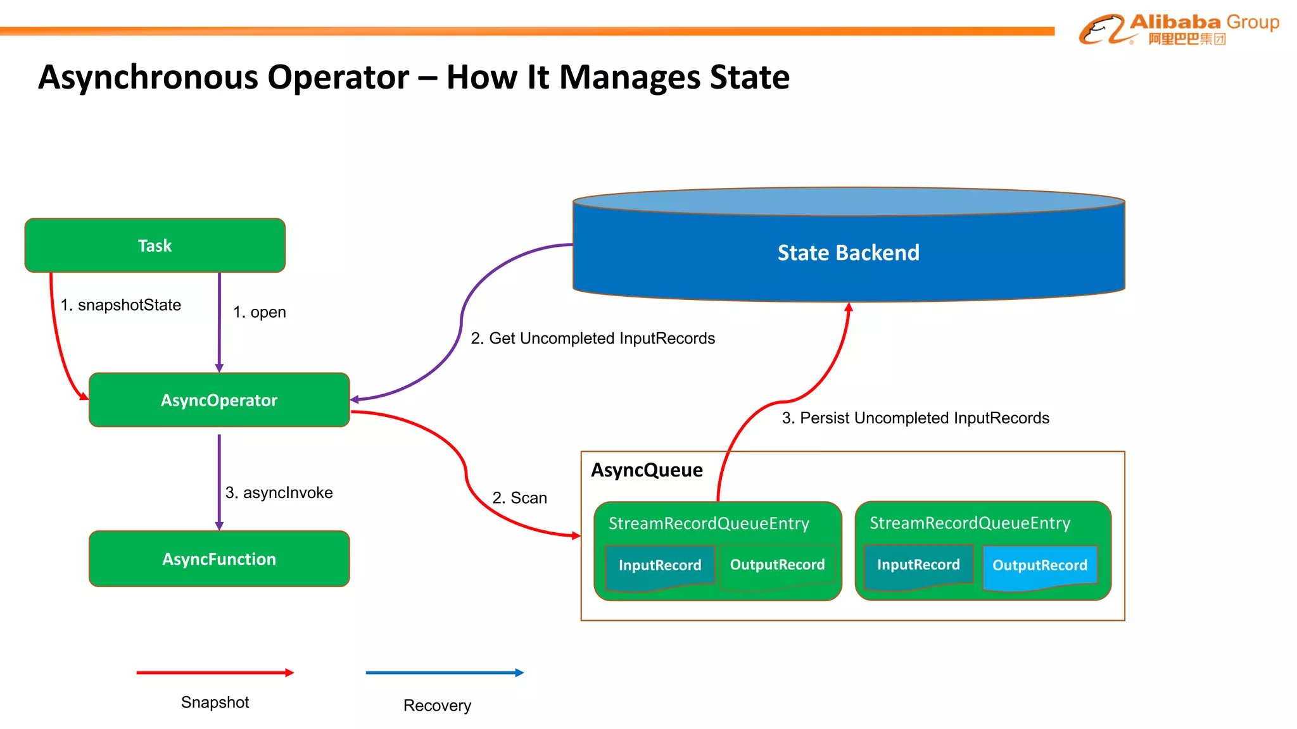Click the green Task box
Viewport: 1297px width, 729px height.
point(155,246)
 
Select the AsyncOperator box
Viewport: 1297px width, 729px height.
point(219,400)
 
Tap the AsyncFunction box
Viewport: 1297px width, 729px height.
point(219,559)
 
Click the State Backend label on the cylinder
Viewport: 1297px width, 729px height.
point(848,252)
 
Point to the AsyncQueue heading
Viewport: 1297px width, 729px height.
point(647,470)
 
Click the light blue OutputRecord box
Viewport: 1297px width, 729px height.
point(1039,566)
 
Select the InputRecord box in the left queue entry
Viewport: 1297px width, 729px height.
point(659,566)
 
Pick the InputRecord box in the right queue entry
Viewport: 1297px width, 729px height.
point(918,564)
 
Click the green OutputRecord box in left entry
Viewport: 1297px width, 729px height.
point(777,565)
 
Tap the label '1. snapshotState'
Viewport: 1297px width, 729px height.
point(120,305)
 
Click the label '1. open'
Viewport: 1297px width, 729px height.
point(259,312)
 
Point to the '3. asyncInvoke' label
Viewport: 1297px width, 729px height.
point(279,492)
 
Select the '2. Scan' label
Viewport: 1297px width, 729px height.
point(519,498)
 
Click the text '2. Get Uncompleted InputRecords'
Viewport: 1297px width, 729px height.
point(593,339)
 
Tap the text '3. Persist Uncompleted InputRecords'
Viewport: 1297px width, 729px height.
point(915,418)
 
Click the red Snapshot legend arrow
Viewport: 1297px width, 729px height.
point(215,673)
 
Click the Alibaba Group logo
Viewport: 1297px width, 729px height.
point(1179,29)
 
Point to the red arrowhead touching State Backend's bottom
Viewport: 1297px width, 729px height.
point(849,307)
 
